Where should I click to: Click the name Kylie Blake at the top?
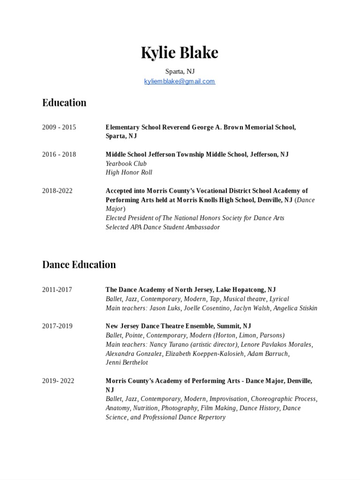tap(180, 53)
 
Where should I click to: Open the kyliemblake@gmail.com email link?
tap(180, 81)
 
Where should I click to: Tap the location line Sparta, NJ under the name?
tap(180, 71)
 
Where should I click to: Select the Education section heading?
tap(64, 103)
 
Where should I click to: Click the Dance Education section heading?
tap(79, 264)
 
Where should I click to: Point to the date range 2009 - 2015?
tap(59, 127)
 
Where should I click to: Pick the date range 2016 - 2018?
tap(59, 154)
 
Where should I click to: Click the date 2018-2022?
tap(57, 191)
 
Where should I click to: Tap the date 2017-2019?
tap(57, 326)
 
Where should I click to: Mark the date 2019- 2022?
tap(58, 381)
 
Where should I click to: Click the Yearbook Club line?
tap(126, 164)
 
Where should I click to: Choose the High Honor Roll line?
tap(129, 172)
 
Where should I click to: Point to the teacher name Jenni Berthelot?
tap(127, 362)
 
